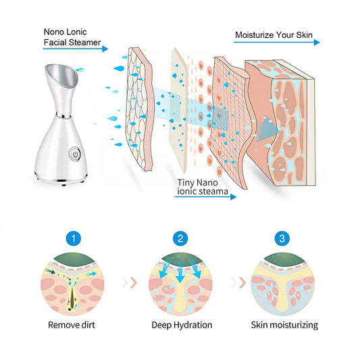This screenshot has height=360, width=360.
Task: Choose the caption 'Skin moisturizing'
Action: [x=284, y=325]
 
